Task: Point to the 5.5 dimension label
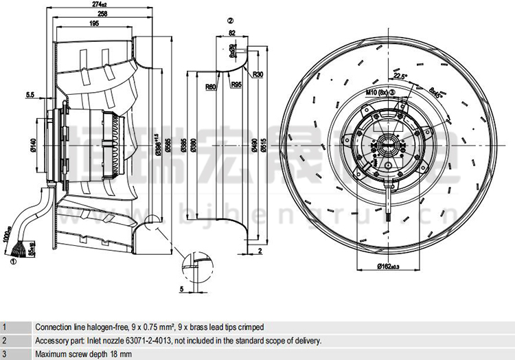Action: [30, 94]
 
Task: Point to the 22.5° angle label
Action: [400, 76]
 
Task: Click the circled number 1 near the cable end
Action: [13, 261]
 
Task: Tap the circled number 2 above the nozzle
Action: [231, 20]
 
